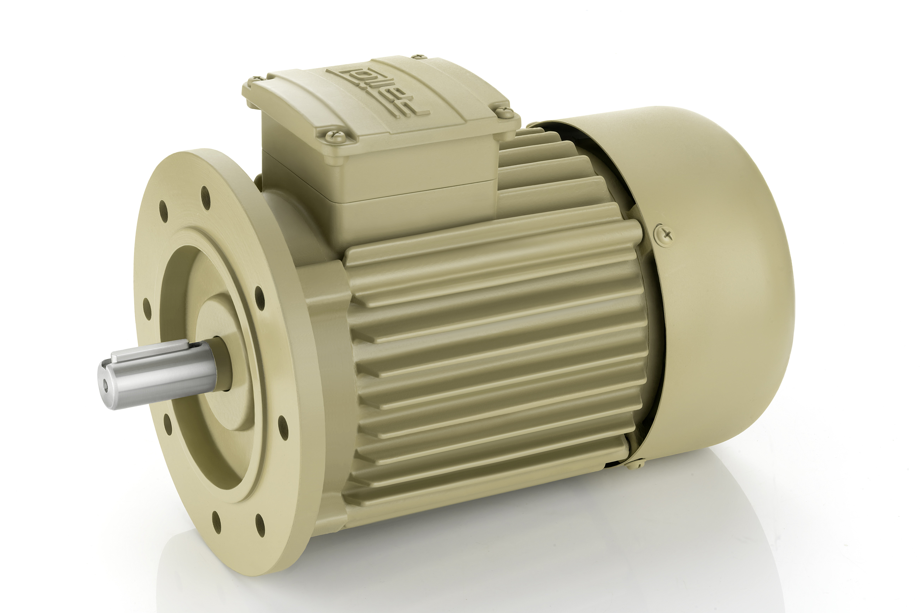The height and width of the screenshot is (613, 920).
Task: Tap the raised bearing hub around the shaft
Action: pyautogui.click(x=219, y=324)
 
